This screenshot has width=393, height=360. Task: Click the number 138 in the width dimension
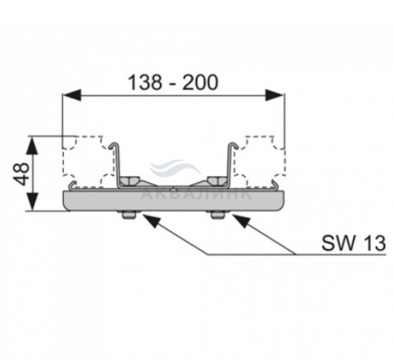tap(145, 83)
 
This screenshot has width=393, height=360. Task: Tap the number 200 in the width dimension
tap(200, 83)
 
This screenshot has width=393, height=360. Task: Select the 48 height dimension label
tap(21, 174)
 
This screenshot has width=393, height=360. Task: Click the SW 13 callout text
tap(354, 243)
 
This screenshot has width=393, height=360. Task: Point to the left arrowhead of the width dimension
tap(72, 95)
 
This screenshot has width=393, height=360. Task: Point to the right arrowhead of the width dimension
tap(275, 95)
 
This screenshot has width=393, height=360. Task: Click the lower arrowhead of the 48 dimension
tap(33, 202)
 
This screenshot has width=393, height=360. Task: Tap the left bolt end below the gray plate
tap(129, 215)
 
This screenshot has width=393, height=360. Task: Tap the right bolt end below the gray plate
tap(218, 215)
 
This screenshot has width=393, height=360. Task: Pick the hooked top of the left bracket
tap(114, 145)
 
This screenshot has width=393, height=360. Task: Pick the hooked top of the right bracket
tap(233, 145)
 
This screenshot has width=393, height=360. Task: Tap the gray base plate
tap(173, 201)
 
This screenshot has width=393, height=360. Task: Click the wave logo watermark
tap(175, 167)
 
